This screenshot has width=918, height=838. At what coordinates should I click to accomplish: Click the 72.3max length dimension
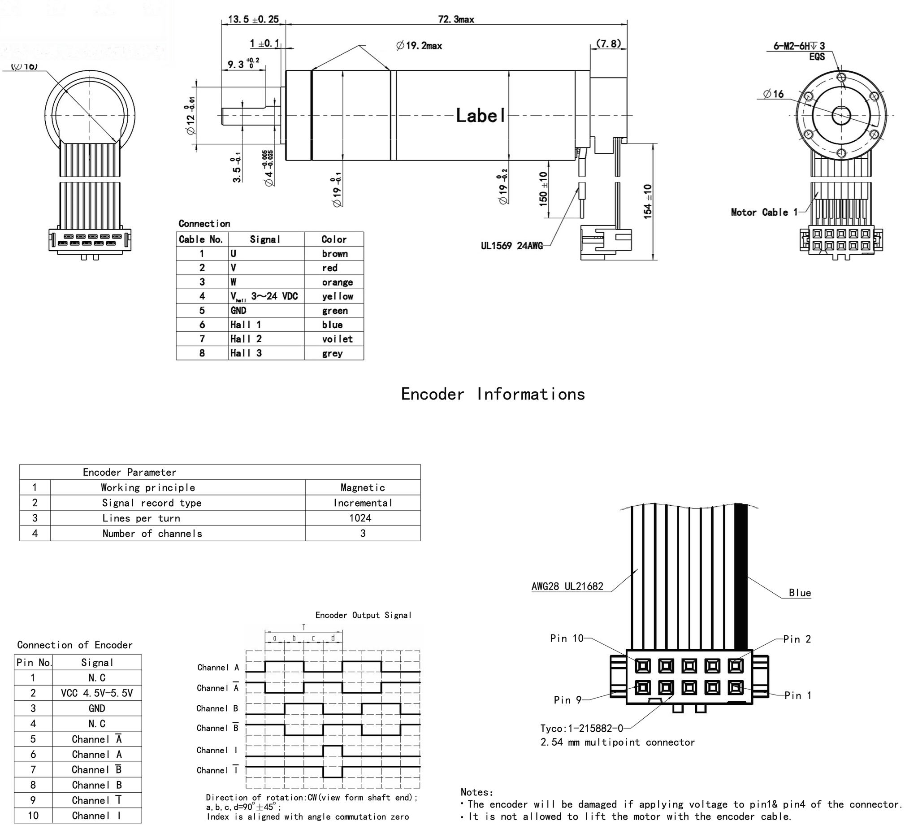coord(456,20)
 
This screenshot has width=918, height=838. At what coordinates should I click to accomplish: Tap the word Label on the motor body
coord(481,116)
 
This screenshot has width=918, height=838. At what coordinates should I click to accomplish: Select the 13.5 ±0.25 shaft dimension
coord(253,19)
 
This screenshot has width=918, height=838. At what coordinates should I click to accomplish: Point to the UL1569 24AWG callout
coord(512,246)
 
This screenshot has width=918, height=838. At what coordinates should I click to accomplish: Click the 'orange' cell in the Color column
coord(337,282)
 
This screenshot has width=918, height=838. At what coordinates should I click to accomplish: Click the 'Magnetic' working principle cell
coord(363,488)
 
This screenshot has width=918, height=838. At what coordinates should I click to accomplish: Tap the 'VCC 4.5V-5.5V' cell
coord(96,693)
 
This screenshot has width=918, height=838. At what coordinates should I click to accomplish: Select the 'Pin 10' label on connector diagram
coord(567,638)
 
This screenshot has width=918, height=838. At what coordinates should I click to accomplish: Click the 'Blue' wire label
coord(800,593)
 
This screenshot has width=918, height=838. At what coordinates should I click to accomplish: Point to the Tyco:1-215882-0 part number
coord(581,729)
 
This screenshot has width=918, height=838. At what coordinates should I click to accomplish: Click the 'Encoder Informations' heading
coord(493,395)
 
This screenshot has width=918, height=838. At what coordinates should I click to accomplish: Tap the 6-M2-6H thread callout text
coord(799,46)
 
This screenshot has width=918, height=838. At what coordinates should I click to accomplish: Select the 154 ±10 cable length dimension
coord(648,201)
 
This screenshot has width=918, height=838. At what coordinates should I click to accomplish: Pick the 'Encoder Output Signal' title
coord(363,615)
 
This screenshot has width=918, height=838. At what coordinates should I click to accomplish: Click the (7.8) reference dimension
coord(608,44)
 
